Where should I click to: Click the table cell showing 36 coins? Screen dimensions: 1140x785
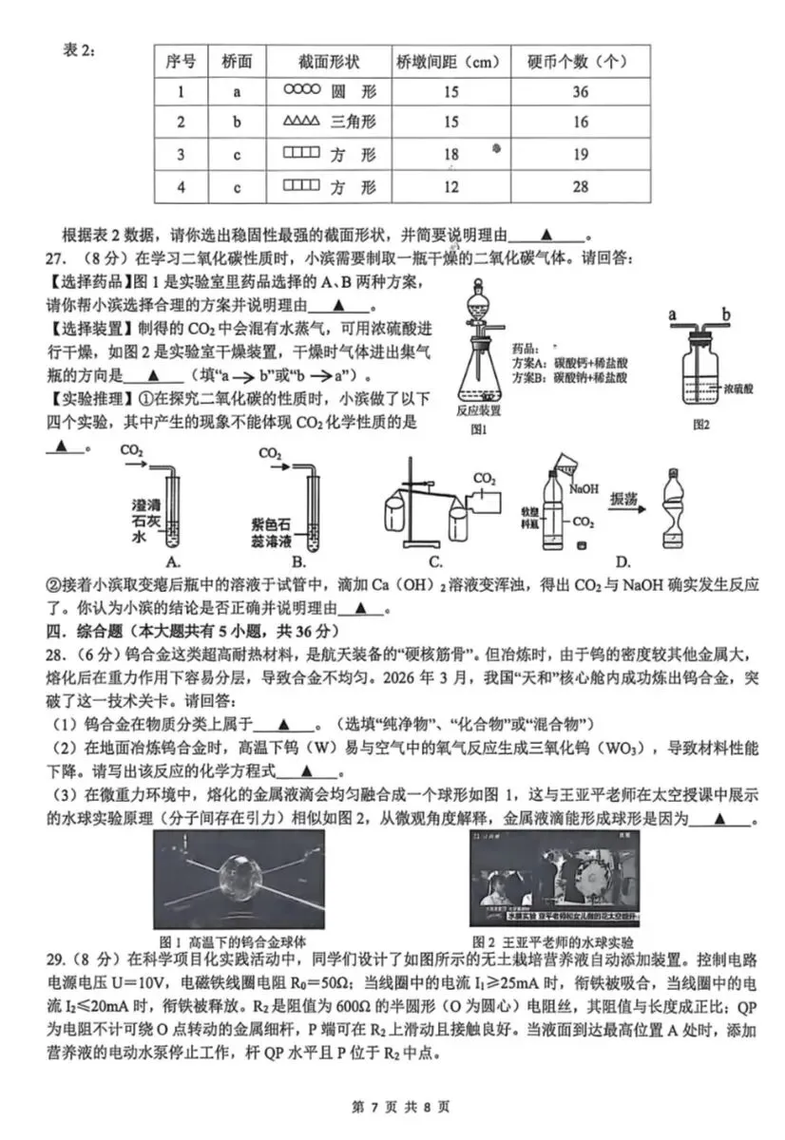coord(581,92)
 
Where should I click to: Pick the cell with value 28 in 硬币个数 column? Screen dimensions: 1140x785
coord(581,187)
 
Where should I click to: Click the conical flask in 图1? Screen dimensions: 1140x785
coord(479,375)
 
